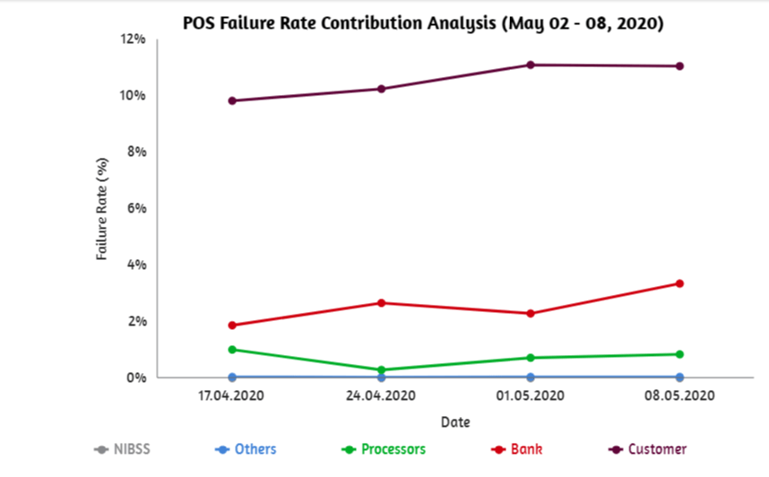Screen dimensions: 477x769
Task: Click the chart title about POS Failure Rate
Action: (x=423, y=22)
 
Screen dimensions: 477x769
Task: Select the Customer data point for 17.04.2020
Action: (x=232, y=100)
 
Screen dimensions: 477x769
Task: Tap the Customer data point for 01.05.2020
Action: (x=531, y=65)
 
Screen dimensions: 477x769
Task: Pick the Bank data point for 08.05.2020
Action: (x=679, y=283)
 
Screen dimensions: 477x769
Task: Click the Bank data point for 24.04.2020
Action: (x=381, y=303)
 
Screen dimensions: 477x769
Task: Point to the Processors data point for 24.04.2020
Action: (x=381, y=369)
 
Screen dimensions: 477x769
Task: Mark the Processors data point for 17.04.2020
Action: (x=232, y=350)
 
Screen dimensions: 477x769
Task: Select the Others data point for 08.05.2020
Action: (x=679, y=377)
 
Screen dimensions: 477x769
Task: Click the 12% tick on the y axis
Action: (x=133, y=39)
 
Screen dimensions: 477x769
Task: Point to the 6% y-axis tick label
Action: (x=135, y=208)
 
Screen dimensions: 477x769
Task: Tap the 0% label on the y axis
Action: (x=135, y=377)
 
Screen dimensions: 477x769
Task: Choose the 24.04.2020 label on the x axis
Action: (x=381, y=395)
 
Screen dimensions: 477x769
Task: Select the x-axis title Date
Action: (x=455, y=421)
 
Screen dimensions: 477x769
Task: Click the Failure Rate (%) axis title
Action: (x=102, y=209)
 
